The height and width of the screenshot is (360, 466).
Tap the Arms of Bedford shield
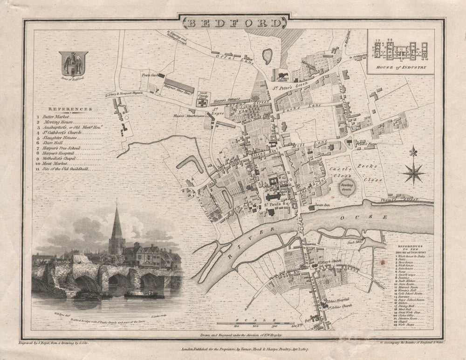pyautogui.click(x=74, y=63)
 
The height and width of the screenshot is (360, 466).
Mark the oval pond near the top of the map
pyautogui.click(x=267, y=56)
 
